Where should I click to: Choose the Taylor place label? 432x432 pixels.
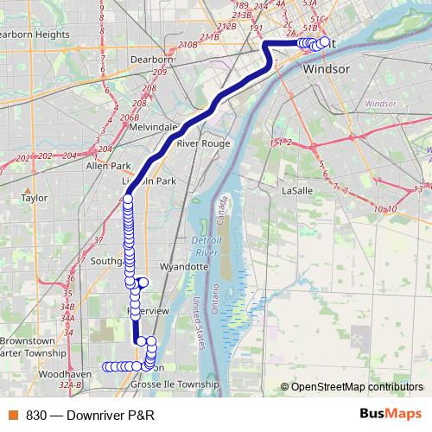point(35,197)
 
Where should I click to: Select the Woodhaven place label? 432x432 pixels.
point(66,374)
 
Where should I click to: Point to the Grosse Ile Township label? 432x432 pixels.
point(176,384)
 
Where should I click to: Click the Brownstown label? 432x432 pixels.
point(31,340)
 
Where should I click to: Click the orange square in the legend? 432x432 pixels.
point(12,414)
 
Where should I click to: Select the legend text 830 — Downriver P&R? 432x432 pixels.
point(78,414)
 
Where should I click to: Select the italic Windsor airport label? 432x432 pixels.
point(380,104)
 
